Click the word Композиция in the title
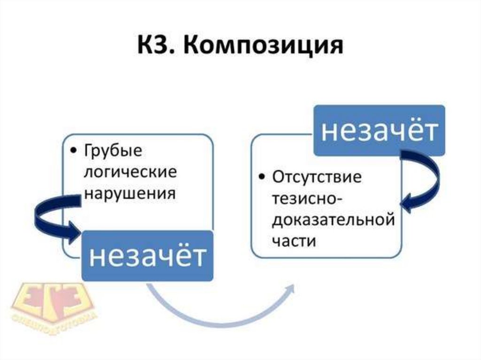[x=261, y=48]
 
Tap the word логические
[x=130, y=173]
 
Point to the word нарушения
[x=130, y=193]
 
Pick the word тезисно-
[x=303, y=199]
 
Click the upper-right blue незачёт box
[x=379, y=131]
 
